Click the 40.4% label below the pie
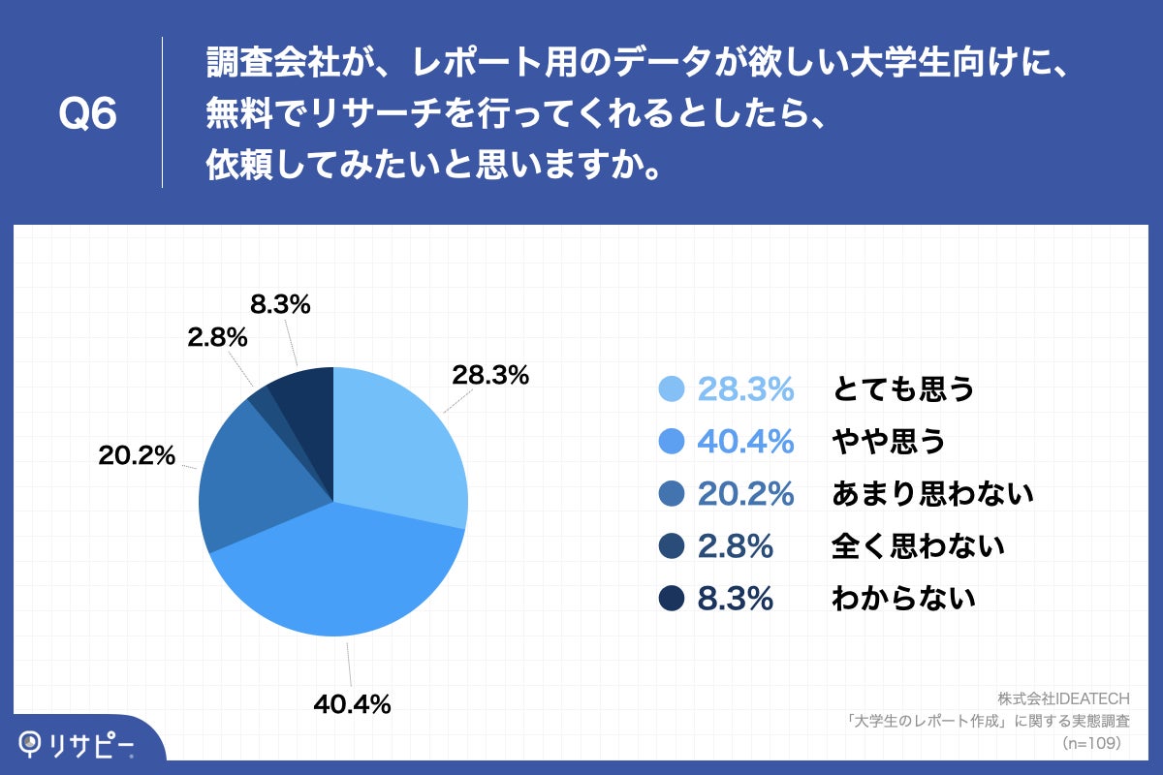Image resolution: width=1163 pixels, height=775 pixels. coord(352,705)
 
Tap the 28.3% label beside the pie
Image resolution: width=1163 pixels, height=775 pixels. coord(490,375)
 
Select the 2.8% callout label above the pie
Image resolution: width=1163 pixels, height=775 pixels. coord(217,338)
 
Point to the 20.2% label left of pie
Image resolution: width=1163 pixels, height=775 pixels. coord(137,454)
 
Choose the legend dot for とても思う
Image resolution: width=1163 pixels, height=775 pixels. coord(672,389)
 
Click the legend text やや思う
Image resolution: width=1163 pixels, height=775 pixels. coord(888,442)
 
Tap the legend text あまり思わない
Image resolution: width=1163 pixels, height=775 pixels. coord(933,494)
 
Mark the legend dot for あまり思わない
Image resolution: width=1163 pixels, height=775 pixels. coord(672,494)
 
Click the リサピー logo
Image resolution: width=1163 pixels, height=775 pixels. coord(78,744)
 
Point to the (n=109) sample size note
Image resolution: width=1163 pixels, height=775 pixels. coord(1091,743)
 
